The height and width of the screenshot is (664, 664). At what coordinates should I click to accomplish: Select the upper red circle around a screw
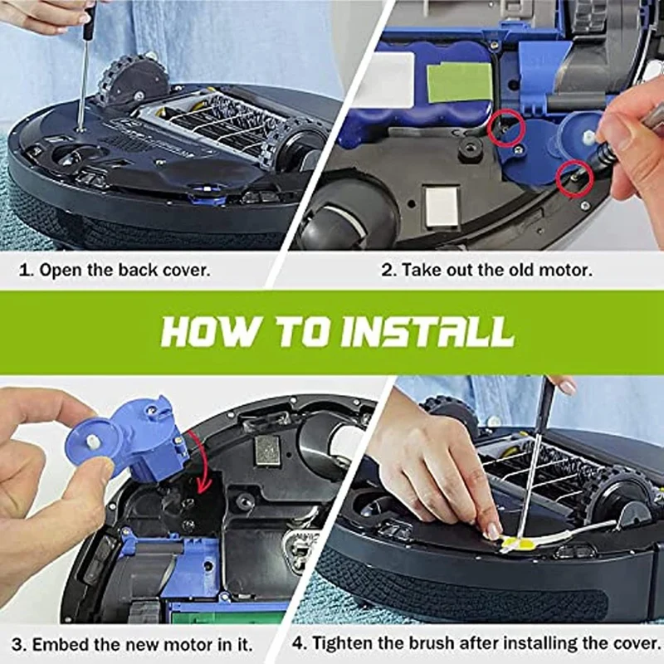click(506, 129)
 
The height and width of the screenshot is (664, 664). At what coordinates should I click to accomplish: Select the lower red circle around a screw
click(574, 178)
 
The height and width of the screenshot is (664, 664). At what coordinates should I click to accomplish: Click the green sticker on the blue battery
click(460, 82)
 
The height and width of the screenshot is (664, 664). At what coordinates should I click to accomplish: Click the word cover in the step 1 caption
click(186, 271)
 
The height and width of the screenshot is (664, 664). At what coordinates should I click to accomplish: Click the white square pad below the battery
click(442, 207)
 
